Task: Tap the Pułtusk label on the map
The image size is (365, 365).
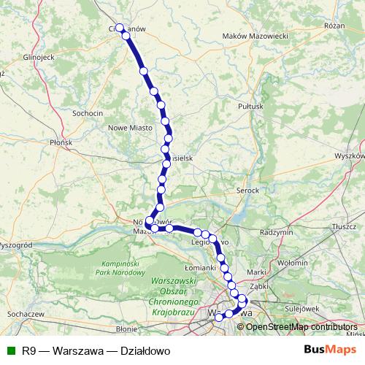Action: point(250,106)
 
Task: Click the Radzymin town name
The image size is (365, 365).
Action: point(276,231)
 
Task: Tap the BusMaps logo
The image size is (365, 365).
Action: point(330,349)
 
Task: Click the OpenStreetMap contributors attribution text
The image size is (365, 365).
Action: point(301,326)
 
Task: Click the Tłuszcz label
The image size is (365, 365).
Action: point(342,227)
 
